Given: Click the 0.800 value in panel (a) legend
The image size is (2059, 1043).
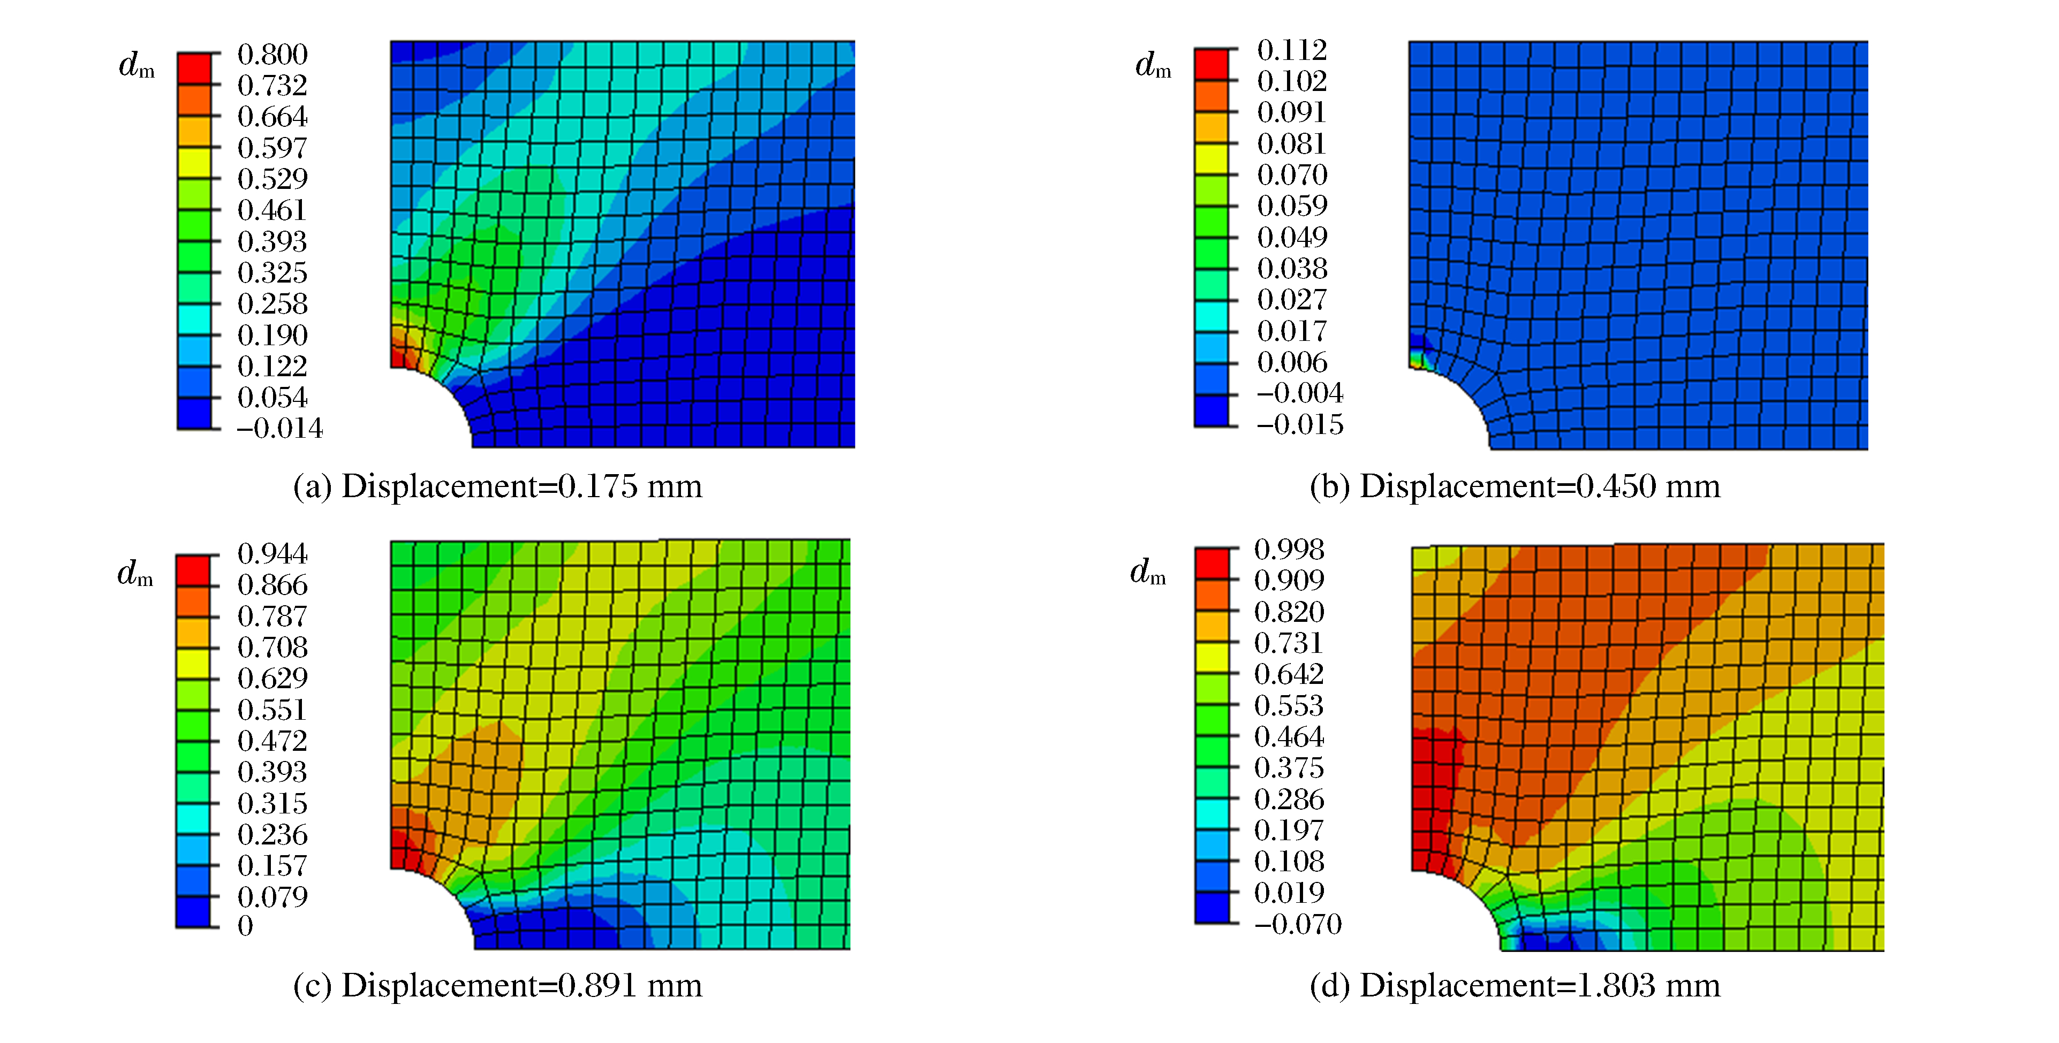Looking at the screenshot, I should (x=272, y=55).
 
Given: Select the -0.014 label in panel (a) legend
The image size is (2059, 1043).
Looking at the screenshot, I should (x=279, y=429).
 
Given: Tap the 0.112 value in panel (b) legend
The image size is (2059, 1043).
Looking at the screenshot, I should (x=1291, y=50).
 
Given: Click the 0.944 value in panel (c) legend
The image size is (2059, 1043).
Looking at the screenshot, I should (x=272, y=553).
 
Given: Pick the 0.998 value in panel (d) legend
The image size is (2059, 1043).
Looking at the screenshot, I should (x=1289, y=549).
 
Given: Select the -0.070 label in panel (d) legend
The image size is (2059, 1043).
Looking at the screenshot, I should (x=1297, y=924).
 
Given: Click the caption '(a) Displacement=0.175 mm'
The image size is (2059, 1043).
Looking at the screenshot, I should (x=497, y=486).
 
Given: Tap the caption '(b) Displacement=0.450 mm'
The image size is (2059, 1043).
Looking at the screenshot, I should (x=1514, y=486).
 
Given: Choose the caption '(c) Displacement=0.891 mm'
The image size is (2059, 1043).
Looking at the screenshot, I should (x=497, y=985).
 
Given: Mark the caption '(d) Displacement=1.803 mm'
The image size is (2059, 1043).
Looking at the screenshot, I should (x=1514, y=985).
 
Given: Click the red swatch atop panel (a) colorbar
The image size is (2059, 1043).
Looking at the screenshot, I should (x=194, y=68).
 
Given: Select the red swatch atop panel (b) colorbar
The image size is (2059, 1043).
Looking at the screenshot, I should (x=1211, y=64).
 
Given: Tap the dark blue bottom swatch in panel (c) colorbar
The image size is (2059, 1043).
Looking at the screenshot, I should (x=193, y=911).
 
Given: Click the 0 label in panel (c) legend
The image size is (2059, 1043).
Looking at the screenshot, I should (x=245, y=925).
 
